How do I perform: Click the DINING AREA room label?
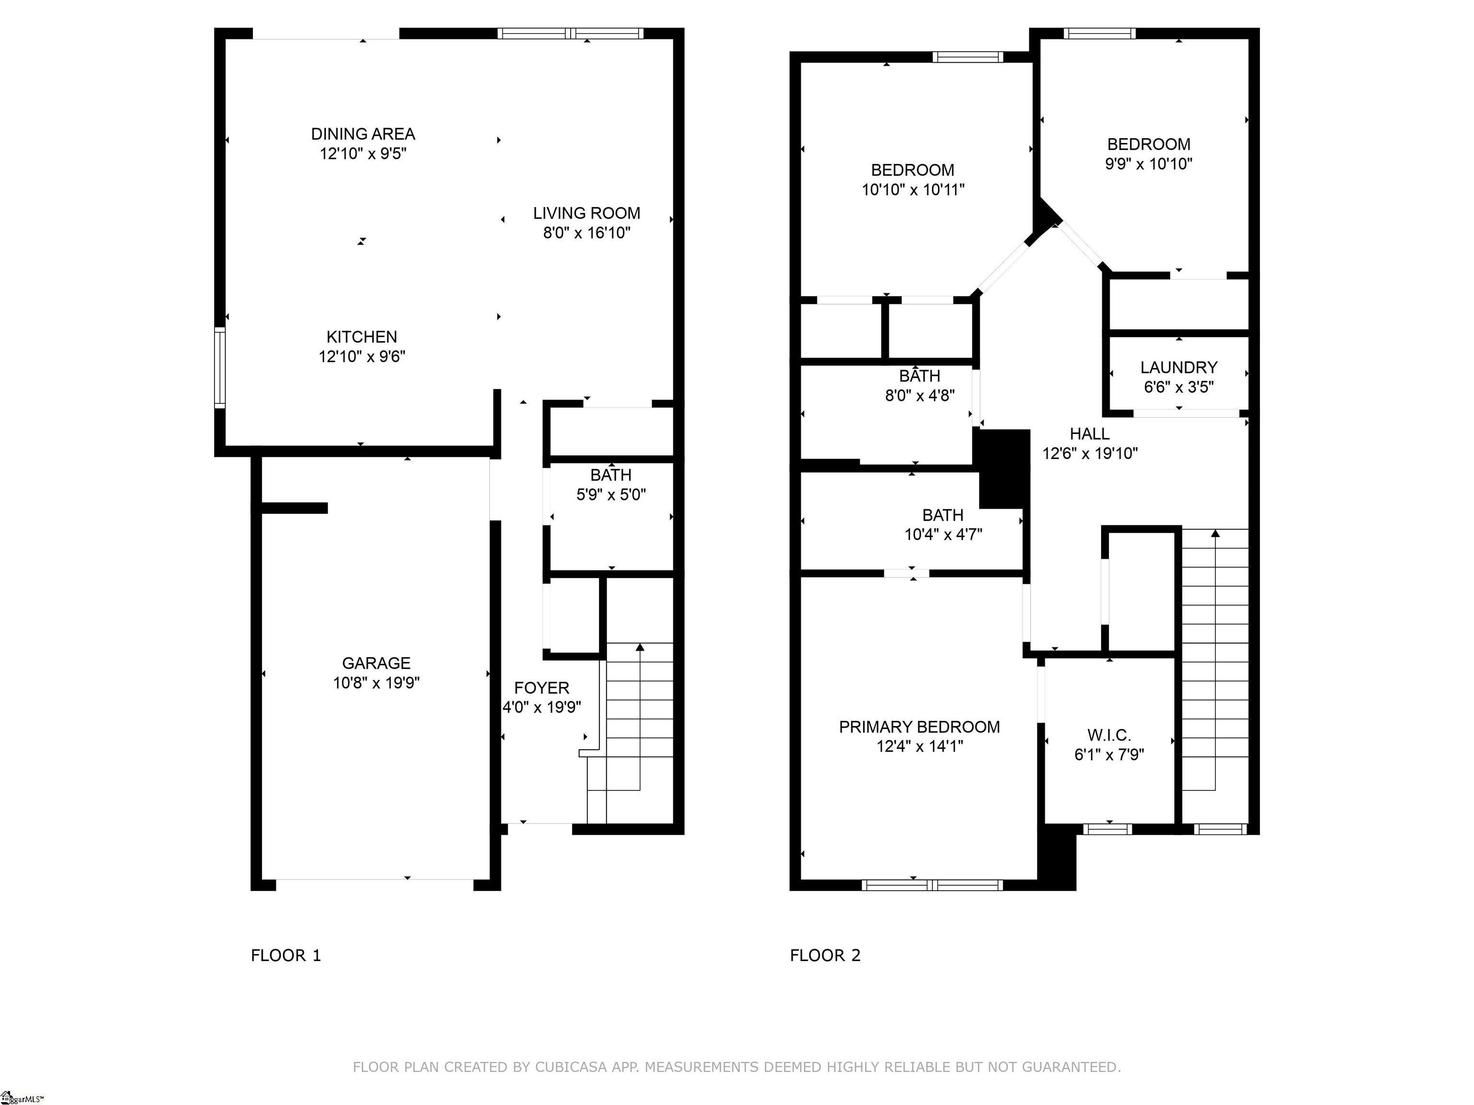tap(363, 134)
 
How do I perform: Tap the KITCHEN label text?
tap(362, 337)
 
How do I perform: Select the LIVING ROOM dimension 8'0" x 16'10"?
tap(586, 233)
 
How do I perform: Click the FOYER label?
tap(542, 688)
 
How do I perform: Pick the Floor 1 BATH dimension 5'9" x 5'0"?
tap(611, 494)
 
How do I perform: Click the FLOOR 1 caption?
tap(286, 955)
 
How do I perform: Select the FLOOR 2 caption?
tap(825, 955)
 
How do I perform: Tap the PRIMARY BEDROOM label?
tap(920, 727)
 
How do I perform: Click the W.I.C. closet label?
tap(1109, 735)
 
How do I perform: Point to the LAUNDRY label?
tap(1179, 368)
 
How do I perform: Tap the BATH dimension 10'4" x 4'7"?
tap(943, 534)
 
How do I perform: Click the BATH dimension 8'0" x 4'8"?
tap(920, 396)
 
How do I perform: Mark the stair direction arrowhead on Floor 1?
tap(641, 647)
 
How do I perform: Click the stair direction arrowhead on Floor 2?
tap(1215, 533)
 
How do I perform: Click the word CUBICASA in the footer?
tap(571, 1067)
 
